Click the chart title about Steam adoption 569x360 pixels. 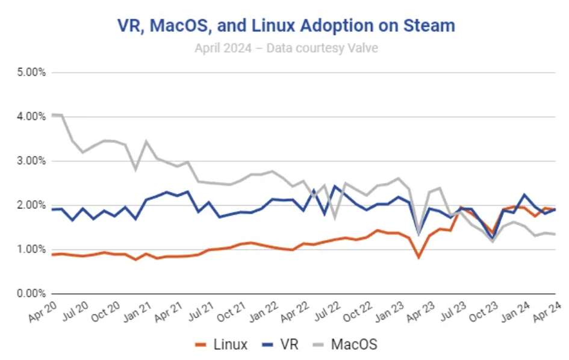pyautogui.click(x=285, y=25)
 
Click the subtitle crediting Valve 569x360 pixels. pyautogui.click(x=286, y=48)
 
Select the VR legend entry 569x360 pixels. pyautogui.click(x=282, y=345)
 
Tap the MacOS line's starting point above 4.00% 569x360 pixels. pyautogui.click(x=53, y=114)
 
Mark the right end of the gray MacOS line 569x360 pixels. pyautogui.click(x=555, y=234)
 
